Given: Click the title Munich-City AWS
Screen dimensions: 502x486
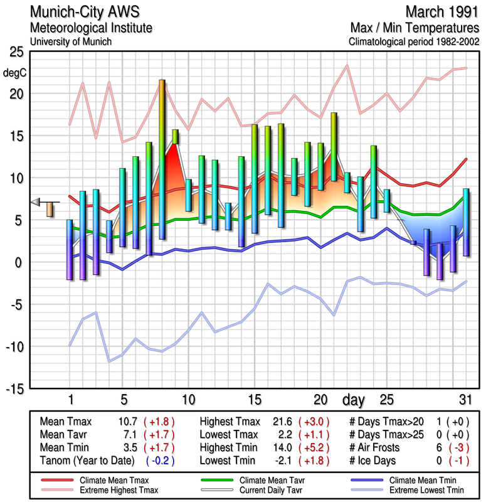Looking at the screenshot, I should [90, 13].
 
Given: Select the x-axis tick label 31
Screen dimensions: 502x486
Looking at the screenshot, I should [465, 400].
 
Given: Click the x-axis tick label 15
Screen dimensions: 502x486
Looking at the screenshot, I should [255, 400].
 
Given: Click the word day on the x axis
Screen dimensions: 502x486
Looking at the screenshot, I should [356, 400].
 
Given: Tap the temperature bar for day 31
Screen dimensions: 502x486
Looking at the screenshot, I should [466, 222].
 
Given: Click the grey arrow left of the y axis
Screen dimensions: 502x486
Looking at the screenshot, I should [36, 201].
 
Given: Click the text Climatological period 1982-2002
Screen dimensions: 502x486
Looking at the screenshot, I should [415, 41].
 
